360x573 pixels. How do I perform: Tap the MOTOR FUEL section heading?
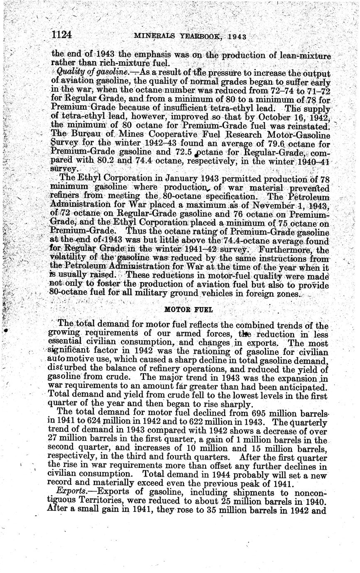pyautogui.click(x=183, y=310)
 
